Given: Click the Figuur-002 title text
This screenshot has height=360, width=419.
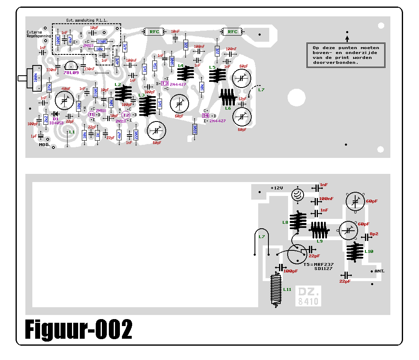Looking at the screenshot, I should pos(79,329).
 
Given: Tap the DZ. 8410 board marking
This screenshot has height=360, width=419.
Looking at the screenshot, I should pos(309,296).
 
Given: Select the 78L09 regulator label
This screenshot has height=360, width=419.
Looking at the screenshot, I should pos(71,72).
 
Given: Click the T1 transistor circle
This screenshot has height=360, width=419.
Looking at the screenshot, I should pos(91,115).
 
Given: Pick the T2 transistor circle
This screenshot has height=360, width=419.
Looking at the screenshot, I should pos(126,115).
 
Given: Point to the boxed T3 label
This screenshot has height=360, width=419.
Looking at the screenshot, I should pos(164,83).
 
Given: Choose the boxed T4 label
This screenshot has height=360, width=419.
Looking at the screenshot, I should pos(206,116).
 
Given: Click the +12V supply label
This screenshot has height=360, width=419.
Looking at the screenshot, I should pos(277,188).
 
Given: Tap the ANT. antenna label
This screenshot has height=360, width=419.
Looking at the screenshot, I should pos(379,271).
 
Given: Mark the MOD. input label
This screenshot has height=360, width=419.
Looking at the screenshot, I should pos(44,145).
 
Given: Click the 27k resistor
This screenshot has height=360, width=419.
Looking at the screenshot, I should pos(49,87).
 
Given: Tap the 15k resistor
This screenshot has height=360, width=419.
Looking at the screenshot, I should pos(155,65).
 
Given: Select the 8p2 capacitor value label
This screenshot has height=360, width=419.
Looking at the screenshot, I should pos(374,234).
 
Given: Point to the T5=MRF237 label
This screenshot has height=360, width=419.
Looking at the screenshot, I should pos(318,264).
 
